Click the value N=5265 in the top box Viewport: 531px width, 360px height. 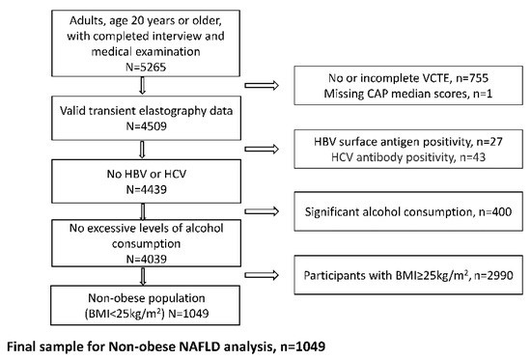pos(146,67)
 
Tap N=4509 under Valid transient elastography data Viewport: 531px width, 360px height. pos(147,126)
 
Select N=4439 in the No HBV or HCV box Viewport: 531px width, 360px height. pos(147,189)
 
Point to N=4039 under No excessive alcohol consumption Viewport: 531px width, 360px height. pos(147,259)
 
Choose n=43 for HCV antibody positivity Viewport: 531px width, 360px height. pos(472,157)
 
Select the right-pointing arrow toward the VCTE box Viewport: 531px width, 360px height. pos(262,85)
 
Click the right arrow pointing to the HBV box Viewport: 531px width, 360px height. pos(262,149)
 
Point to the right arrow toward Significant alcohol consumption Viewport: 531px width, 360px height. pos(262,211)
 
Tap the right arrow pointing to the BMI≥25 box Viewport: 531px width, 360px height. pos(262,275)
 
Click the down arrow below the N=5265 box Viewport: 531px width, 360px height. pos(143,85)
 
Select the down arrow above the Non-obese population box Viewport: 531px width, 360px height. pos(143,276)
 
